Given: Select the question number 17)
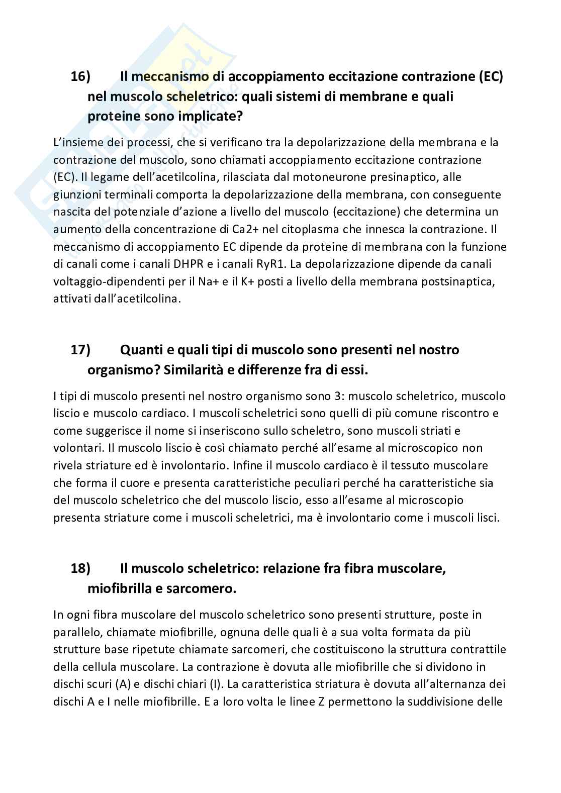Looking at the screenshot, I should [80, 349].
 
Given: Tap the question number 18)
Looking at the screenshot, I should [80, 568].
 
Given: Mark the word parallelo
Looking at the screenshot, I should [75, 632].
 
